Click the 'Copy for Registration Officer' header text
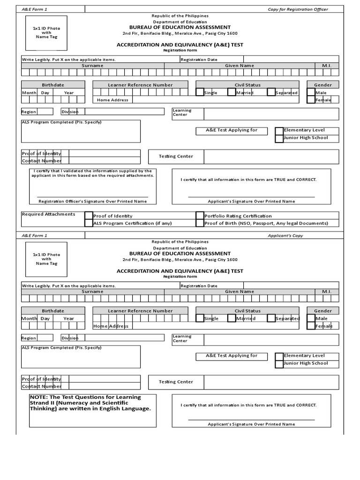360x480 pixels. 298,9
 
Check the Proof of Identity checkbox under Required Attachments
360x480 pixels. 89,216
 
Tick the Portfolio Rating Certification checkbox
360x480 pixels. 200,216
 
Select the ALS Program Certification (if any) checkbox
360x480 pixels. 89,223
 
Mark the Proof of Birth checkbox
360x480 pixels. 200,223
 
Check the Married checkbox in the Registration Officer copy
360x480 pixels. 232,92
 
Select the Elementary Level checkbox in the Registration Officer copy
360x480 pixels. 279,130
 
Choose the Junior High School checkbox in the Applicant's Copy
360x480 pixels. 279,364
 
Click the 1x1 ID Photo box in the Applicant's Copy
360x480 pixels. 46,259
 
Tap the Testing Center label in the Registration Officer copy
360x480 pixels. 176,156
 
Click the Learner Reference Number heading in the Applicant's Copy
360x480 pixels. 140,311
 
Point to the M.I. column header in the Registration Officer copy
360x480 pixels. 327,66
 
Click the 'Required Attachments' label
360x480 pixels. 48,214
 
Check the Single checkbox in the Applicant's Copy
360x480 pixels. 200,318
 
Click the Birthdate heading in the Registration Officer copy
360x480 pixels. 53,85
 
